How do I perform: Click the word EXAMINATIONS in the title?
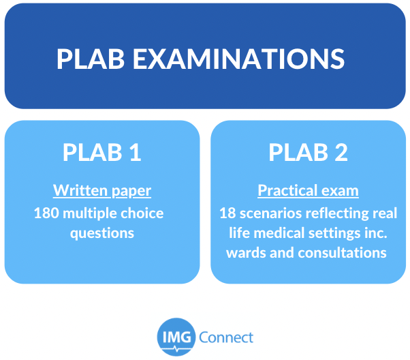pyautogui.click(x=239, y=59)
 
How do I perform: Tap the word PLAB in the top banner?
pyautogui.click(x=91, y=59)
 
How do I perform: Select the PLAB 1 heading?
pyautogui.click(x=102, y=152)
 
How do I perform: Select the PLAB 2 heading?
pyautogui.click(x=308, y=152)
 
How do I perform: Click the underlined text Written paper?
pyautogui.click(x=102, y=191)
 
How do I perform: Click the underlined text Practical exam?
pyautogui.click(x=308, y=190)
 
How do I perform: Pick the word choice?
pyautogui.click(x=142, y=213)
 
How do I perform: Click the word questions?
pyautogui.click(x=102, y=233)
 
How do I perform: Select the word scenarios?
pyautogui.click(x=270, y=213)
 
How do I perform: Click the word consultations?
pyautogui.click(x=343, y=253)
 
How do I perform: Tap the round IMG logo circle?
pyautogui.click(x=176, y=337)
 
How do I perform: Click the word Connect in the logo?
pyautogui.click(x=226, y=337)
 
